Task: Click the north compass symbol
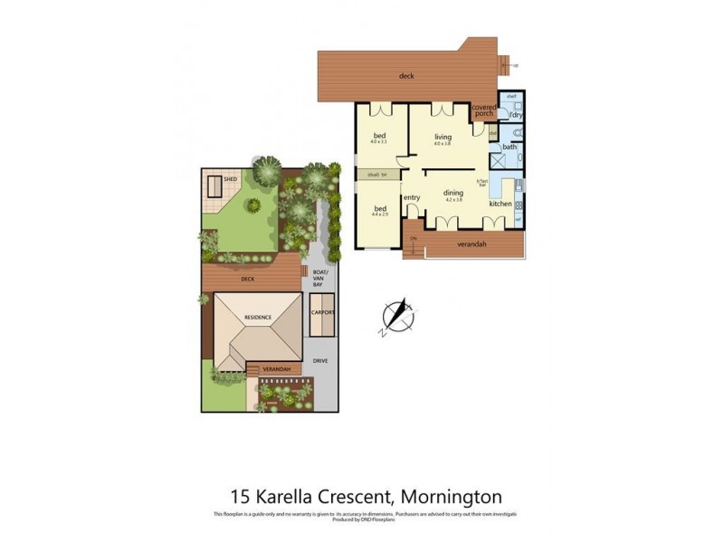[x=395, y=316]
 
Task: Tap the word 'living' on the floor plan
[x=443, y=137]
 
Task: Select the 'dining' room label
[x=453, y=192]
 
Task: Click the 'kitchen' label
[x=500, y=204]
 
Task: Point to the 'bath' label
[x=510, y=147]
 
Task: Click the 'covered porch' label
[x=484, y=110]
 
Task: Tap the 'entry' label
[x=412, y=198]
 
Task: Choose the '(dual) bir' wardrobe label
[x=378, y=174]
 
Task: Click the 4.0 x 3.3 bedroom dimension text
[x=379, y=142]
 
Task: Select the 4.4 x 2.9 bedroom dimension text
[x=380, y=215]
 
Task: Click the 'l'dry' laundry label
[x=516, y=115]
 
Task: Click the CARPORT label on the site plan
[x=323, y=312]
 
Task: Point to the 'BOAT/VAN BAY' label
[x=318, y=278]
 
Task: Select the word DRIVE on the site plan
[x=320, y=361]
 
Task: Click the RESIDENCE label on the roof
[x=258, y=317]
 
